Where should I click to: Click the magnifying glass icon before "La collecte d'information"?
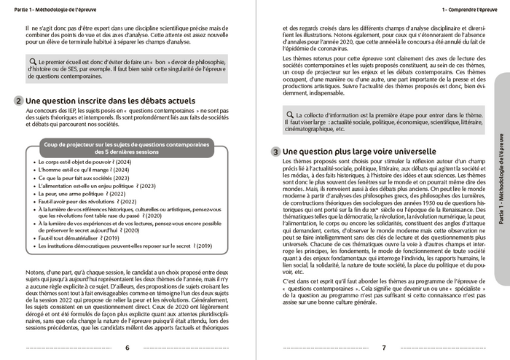[x=290, y=114]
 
